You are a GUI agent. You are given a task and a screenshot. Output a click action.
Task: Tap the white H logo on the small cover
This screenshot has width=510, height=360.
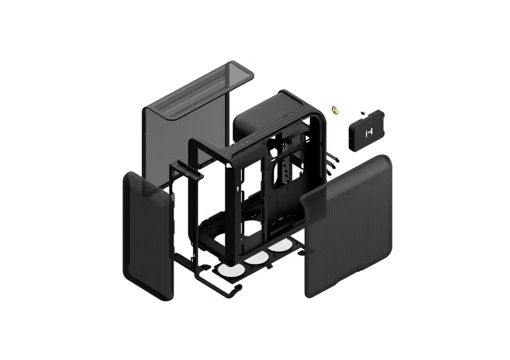coord(368,133)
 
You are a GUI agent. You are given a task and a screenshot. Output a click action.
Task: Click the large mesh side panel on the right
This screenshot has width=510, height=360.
coord(347,226)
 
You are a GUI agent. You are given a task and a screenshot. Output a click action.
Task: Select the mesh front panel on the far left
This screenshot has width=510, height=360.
coord(147,237)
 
